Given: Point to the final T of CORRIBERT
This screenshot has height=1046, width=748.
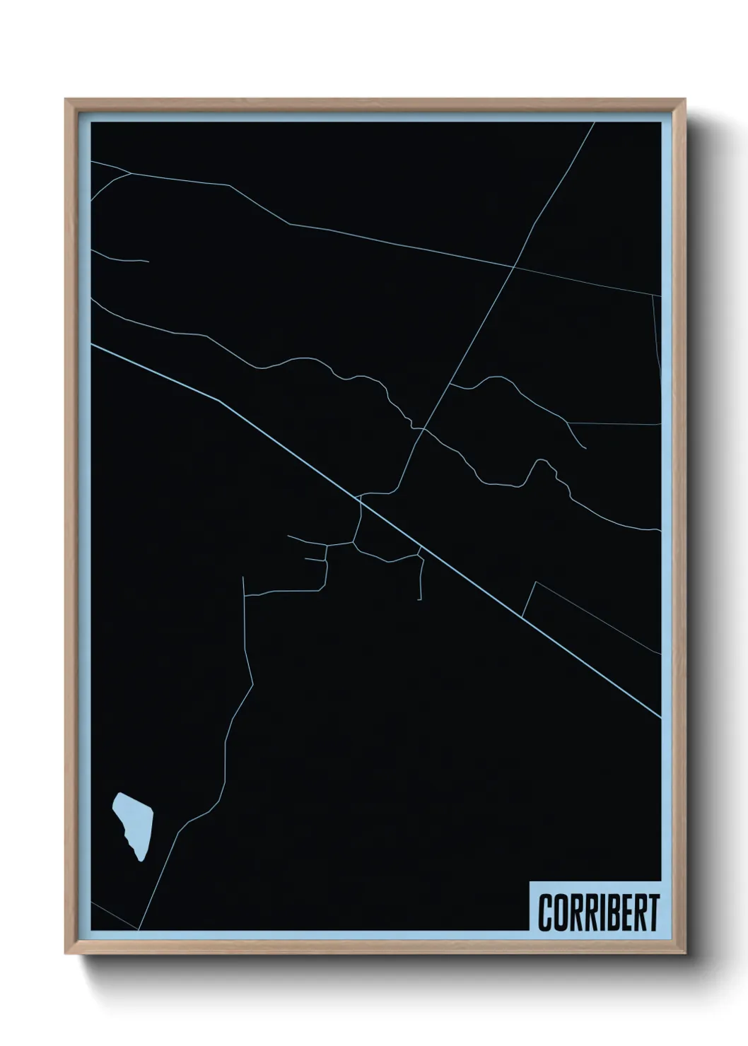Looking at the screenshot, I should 653,912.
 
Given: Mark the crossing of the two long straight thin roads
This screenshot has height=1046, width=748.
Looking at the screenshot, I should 514,267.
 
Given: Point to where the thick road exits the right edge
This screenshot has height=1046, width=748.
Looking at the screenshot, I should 660,717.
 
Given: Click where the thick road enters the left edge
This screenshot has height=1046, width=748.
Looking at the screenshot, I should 91,345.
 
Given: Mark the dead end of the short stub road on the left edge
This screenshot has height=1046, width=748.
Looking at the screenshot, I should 148,261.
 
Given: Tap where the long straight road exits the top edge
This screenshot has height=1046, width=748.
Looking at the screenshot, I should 594,123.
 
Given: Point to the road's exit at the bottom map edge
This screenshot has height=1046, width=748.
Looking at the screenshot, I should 139,929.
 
